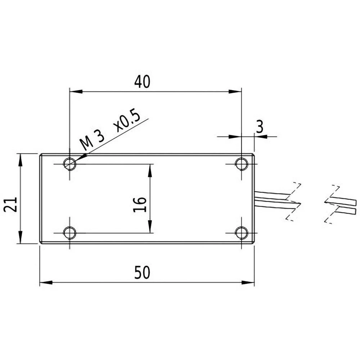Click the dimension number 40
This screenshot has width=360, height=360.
click(x=142, y=82)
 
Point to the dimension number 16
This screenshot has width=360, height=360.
click(x=140, y=204)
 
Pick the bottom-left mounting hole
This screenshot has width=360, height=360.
click(x=69, y=233)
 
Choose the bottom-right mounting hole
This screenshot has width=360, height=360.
click(x=241, y=233)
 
